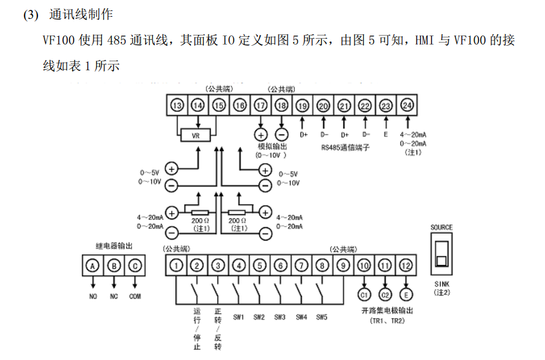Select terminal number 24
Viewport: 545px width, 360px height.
[407, 106]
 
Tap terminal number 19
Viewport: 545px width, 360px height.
[302, 106]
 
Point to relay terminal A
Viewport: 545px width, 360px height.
[93, 265]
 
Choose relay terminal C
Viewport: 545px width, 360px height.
[135, 265]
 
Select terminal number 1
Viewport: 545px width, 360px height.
[177, 265]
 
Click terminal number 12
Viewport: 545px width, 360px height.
[406, 265]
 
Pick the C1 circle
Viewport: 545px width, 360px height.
[364, 295]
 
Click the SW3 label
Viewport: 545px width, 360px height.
[281, 316]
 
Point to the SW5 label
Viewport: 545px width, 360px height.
[322, 316]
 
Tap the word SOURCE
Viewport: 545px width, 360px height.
[442, 227]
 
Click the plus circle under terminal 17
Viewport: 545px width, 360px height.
[261, 134]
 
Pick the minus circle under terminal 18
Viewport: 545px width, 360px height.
[282, 134]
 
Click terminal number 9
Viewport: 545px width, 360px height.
[343, 265]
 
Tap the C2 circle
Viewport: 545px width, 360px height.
[385, 295]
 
